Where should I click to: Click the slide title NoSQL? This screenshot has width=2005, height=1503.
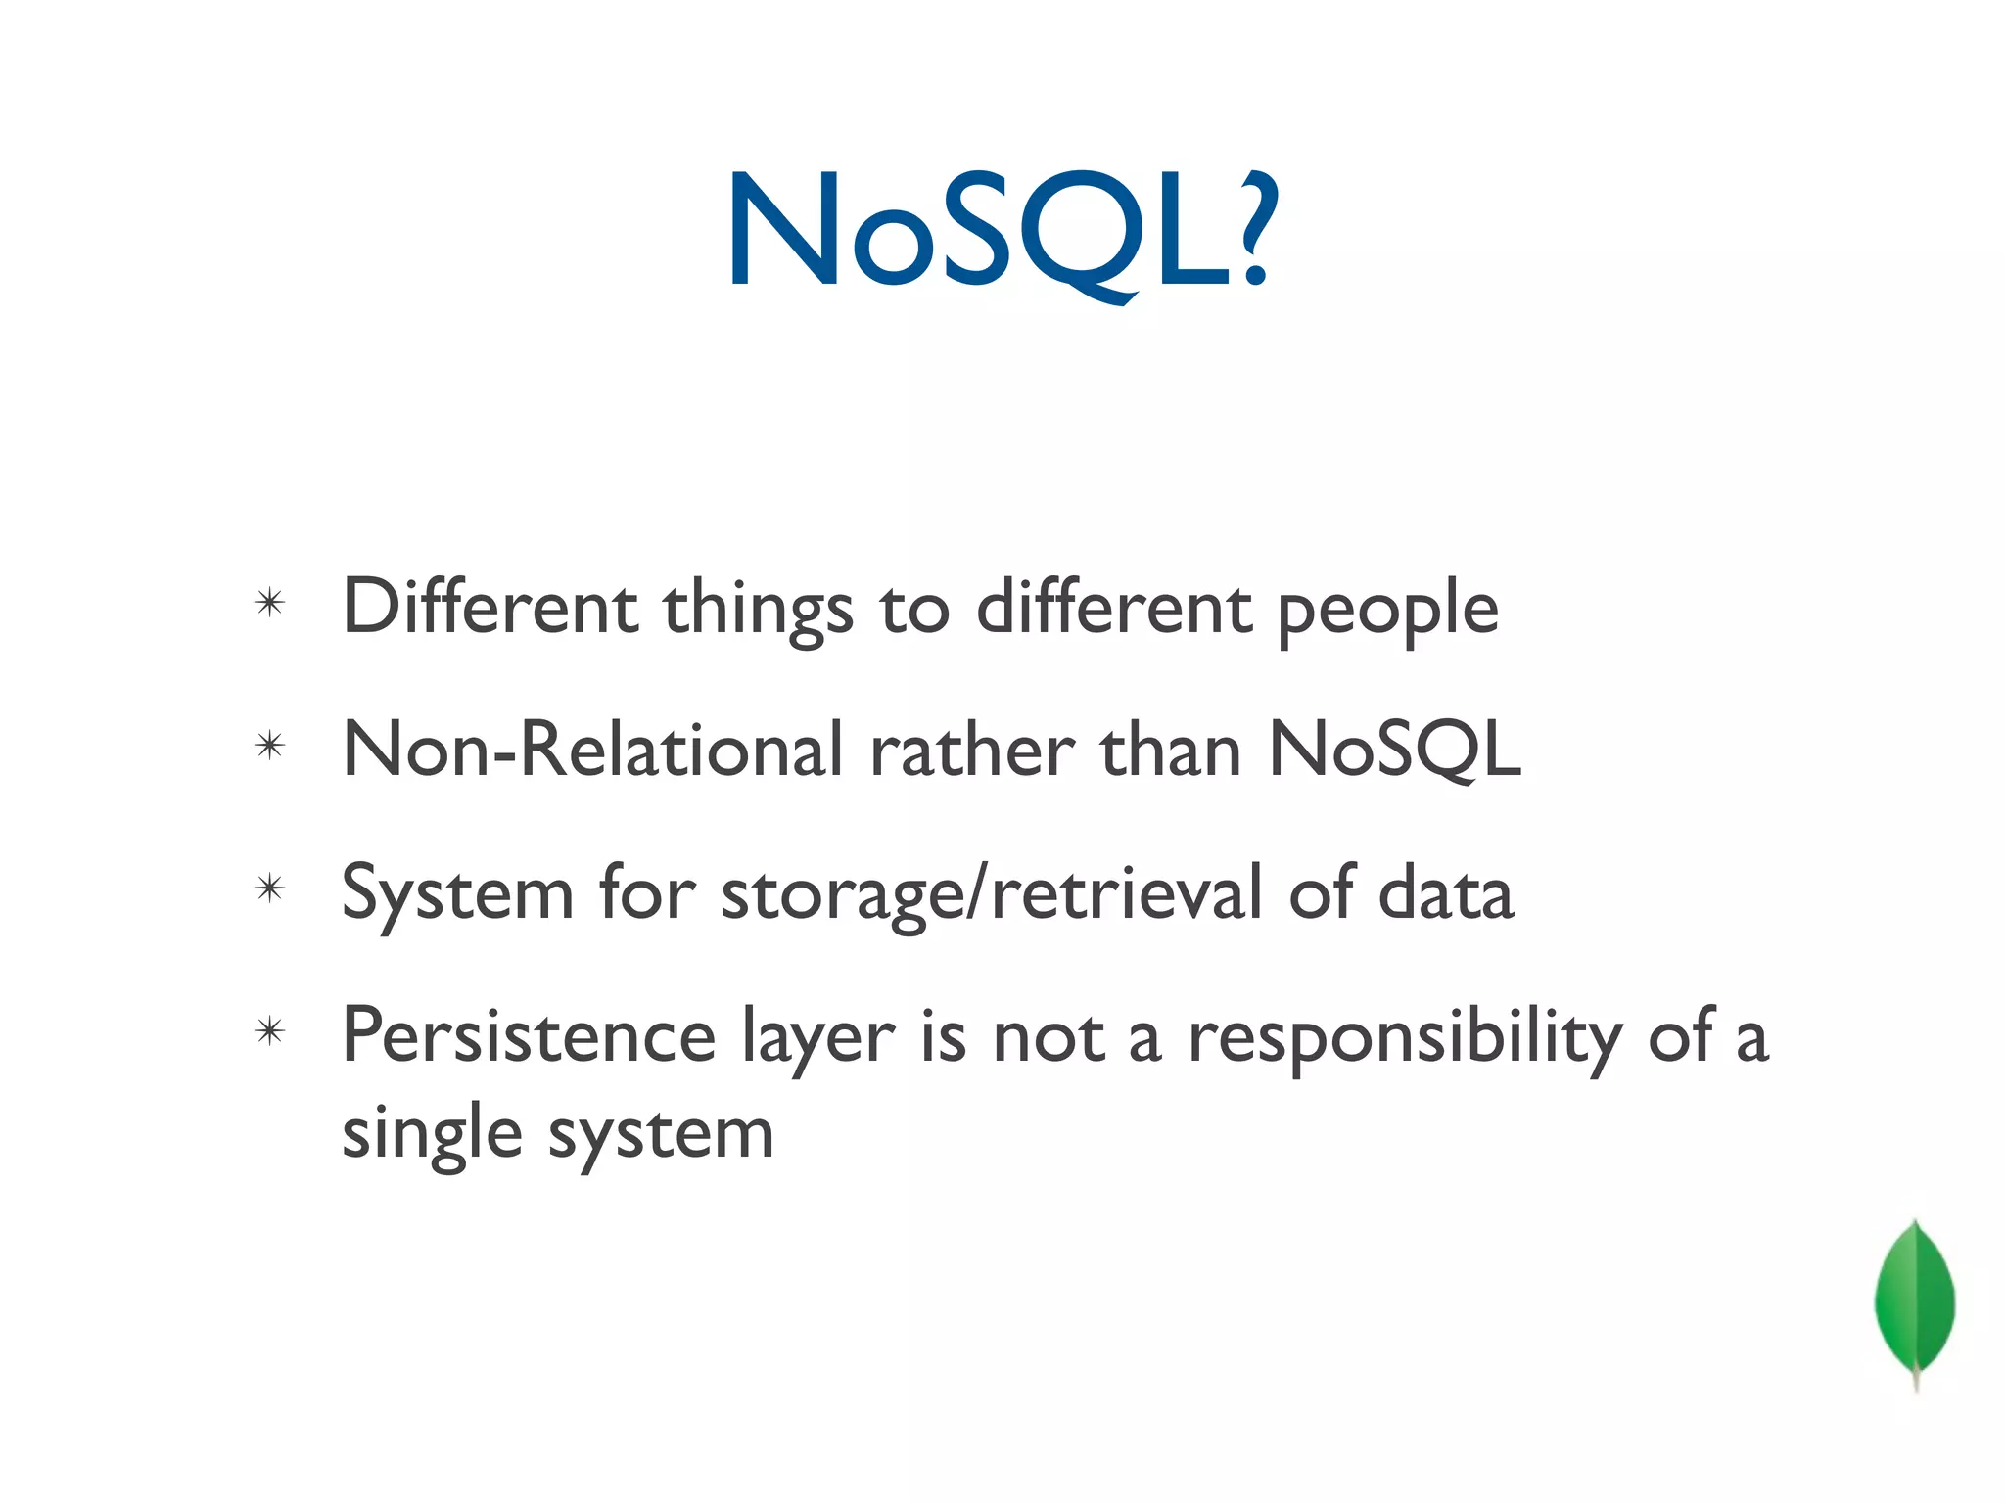(1001, 233)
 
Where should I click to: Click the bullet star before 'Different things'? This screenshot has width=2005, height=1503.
(269, 603)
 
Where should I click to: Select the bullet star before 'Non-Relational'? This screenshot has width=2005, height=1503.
(269, 747)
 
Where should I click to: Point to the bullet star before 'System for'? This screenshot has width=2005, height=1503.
(269, 888)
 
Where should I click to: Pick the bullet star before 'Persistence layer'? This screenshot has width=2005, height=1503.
(269, 1031)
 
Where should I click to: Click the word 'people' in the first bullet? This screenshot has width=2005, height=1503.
(1388, 612)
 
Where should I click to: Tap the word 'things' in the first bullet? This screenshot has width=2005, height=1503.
(758, 612)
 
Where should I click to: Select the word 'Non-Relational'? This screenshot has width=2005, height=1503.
(593, 750)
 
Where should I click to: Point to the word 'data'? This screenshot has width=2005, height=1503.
(1446, 893)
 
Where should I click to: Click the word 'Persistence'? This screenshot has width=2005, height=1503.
(529, 1036)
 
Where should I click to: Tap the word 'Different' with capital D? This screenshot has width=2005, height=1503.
(490, 608)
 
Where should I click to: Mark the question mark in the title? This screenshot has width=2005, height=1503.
(1255, 230)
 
